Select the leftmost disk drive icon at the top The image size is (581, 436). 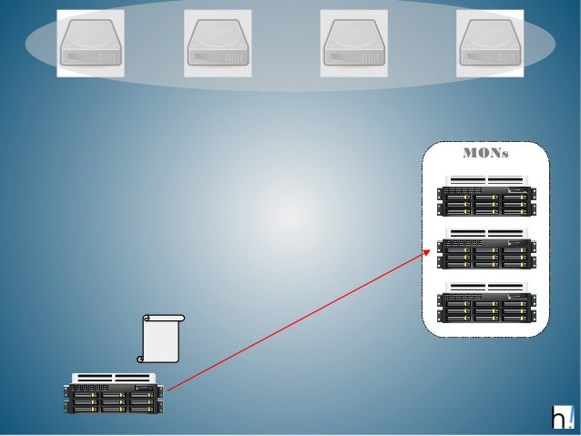tap(91, 43)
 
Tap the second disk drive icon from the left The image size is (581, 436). tap(218, 43)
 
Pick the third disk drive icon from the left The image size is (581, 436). tap(353, 43)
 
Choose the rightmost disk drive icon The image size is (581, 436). tap(489, 43)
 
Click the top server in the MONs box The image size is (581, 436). tap(485, 197)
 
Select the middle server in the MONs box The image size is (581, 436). tap(485, 249)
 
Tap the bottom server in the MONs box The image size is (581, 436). tap(485, 302)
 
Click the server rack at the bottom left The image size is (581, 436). tap(113, 393)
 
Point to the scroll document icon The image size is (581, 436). tap(163, 339)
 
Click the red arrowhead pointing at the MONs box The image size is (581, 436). tap(428, 249)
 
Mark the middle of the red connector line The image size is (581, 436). tap(299, 319)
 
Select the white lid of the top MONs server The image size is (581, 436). tap(485, 179)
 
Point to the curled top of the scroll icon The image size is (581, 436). tap(164, 318)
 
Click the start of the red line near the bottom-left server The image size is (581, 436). tap(168, 389)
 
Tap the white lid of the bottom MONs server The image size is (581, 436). tap(485, 287)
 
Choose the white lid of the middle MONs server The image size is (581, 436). tap(485, 233)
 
